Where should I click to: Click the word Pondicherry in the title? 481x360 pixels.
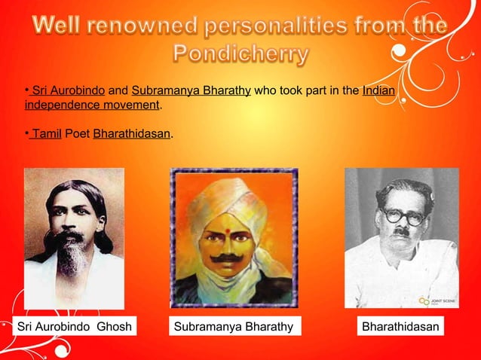(241, 54)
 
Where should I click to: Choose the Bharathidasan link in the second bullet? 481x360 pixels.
(132, 134)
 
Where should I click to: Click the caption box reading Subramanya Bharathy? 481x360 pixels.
(234, 327)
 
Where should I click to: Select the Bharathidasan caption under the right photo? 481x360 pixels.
(400, 327)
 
